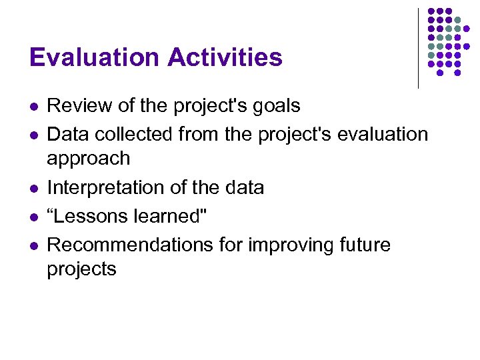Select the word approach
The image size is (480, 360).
click(88, 159)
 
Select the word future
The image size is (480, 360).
click(366, 245)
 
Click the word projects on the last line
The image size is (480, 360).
click(81, 270)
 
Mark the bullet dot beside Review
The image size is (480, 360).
click(33, 107)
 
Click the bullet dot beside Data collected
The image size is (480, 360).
click(33, 135)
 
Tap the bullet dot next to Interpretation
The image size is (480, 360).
click(33, 189)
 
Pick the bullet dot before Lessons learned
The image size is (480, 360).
click(33, 217)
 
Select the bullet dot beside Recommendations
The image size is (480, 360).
click(33, 246)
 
